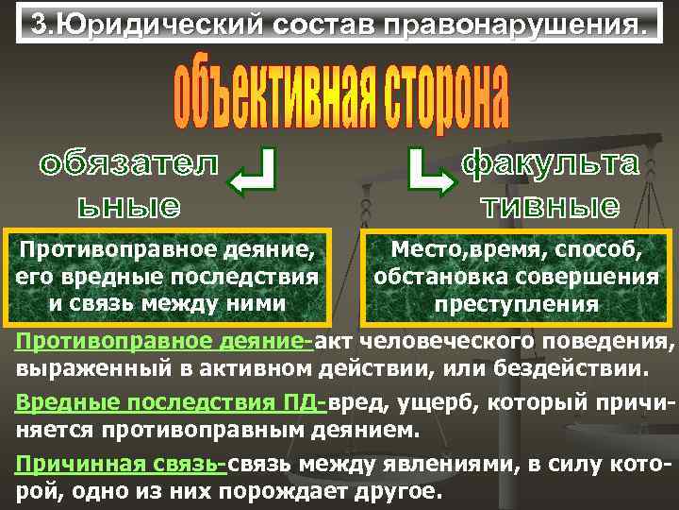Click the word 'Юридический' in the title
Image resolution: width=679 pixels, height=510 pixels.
[147, 24]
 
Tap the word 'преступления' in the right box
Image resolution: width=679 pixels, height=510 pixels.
[516, 304]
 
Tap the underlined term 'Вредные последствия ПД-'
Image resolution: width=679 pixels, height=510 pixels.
[171, 402]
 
